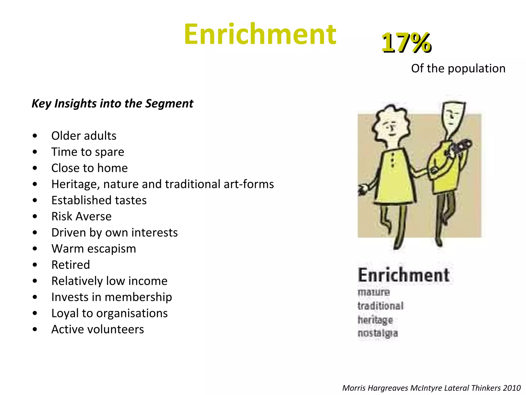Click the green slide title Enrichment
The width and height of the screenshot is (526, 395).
[260, 34]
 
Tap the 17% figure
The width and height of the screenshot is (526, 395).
[406, 43]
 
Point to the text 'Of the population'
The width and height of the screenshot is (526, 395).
[458, 69]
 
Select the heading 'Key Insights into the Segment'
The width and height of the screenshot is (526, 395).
[112, 104]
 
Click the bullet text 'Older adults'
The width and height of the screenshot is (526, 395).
[84, 136]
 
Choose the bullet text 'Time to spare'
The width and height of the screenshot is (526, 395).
[88, 152]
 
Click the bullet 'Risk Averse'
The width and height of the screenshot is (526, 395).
[81, 217]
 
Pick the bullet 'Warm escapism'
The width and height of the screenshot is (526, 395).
[93, 249]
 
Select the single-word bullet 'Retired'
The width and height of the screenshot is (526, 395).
[71, 265]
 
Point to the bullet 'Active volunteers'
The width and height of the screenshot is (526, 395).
[98, 329]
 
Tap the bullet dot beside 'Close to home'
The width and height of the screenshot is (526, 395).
[35, 168]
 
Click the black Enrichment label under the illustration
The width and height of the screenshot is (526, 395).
[403, 275]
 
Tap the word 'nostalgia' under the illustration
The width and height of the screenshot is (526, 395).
[378, 333]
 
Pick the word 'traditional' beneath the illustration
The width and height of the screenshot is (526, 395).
[380, 306]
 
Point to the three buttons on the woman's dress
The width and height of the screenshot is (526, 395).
[392, 161]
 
